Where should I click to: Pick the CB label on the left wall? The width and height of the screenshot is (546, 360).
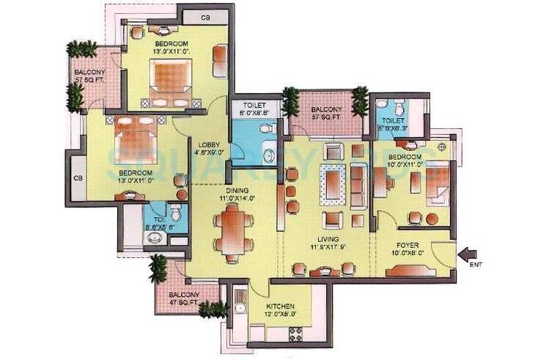(x=77, y=177)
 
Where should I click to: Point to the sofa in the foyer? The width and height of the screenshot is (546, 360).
(x=410, y=271)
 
